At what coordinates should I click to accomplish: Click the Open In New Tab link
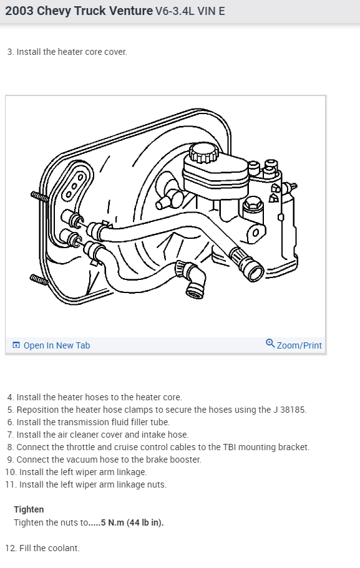56,345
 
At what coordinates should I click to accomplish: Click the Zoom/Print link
299,345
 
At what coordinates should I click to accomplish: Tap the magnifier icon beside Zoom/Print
270,344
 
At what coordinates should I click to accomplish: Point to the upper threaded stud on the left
39,196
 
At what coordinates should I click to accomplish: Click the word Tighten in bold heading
29,509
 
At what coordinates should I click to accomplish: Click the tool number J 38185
289,410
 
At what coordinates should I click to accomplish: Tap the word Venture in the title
129,11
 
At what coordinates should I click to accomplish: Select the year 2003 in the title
20,11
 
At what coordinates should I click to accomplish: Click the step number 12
10,548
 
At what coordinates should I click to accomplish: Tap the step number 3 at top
9,52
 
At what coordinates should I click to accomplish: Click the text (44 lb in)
145,522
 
